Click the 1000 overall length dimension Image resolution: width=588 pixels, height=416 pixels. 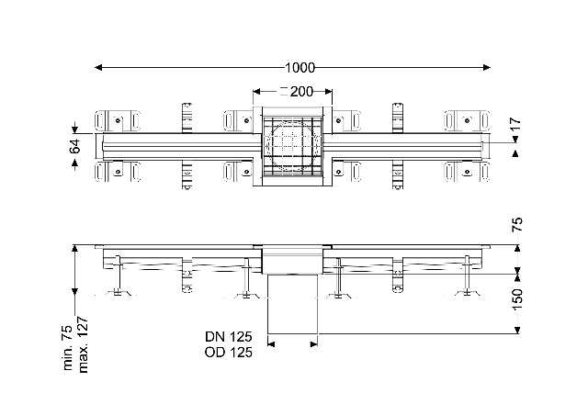[x=300, y=68]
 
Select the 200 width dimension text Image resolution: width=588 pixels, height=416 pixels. [x=301, y=92]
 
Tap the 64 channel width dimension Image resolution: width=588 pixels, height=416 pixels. [x=75, y=146]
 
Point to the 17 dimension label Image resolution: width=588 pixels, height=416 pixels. [x=515, y=123]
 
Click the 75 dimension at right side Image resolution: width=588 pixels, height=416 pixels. [x=516, y=224]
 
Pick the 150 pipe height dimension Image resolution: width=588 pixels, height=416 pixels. [x=516, y=299]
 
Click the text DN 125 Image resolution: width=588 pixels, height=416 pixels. [x=229, y=336]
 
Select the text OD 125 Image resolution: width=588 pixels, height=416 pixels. [x=229, y=353]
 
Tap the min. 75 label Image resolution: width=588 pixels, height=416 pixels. [x=67, y=348]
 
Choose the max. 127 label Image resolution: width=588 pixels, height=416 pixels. [x=83, y=344]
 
